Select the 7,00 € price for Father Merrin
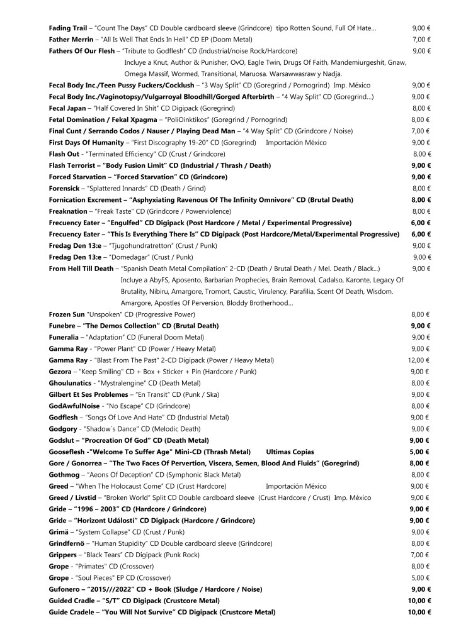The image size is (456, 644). pyautogui.click(x=421, y=39)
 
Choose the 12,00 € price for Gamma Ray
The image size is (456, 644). pyautogui.click(x=419, y=360)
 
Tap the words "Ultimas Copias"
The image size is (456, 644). pyautogui.click(x=290, y=452)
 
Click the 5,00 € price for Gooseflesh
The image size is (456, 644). pyautogui.click(x=420, y=452)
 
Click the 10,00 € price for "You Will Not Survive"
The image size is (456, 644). pyautogui.click(x=419, y=612)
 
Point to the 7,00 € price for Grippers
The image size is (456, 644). pyautogui.click(x=421, y=555)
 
